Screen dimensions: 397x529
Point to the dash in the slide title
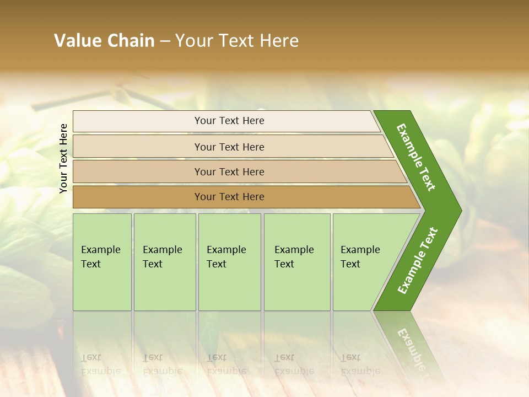(165, 41)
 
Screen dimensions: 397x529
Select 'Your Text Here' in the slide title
(237, 41)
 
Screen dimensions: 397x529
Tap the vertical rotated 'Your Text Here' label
(63, 158)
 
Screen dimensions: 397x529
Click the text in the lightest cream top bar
(229, 121)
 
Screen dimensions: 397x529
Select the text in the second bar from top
(229, 147)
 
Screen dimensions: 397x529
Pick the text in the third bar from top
(229, 172)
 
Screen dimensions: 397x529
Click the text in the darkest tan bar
(229, 197)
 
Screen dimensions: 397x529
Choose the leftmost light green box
(102, 262)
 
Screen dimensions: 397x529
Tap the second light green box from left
(165, 262)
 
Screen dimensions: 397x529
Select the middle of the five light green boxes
(229, 262)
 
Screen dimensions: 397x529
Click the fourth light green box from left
(297, 262)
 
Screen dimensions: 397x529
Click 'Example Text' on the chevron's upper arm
(416, 157)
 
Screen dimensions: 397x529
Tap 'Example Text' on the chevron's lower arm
(417, 261)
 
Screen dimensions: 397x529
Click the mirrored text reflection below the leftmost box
(101, 364)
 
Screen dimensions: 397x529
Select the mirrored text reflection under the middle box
(226, 364)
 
